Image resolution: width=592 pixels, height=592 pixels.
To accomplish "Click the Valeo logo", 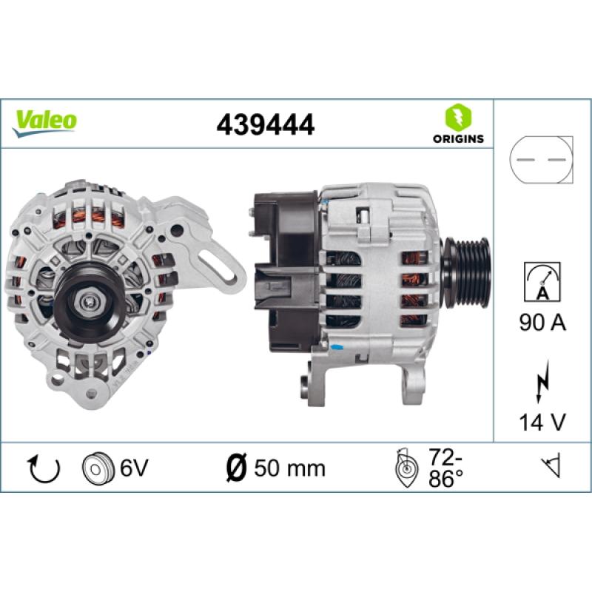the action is coord(44,123).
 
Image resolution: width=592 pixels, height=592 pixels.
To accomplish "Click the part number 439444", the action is coord(266,124).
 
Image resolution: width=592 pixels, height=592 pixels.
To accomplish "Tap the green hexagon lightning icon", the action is coord(458,117).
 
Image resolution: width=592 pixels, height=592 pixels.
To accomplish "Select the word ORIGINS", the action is coord(458,138).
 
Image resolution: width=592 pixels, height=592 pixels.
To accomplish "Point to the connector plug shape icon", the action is coord(541,160).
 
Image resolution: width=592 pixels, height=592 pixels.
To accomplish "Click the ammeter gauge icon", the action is coord(542,282).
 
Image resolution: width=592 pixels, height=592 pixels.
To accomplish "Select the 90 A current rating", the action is coord(542,323).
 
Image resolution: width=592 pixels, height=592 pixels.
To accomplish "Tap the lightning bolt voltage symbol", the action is coord(542,382).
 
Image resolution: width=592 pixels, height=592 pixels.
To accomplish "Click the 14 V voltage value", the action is coord(542,422).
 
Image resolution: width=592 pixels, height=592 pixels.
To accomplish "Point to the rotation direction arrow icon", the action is coord(44,468).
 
